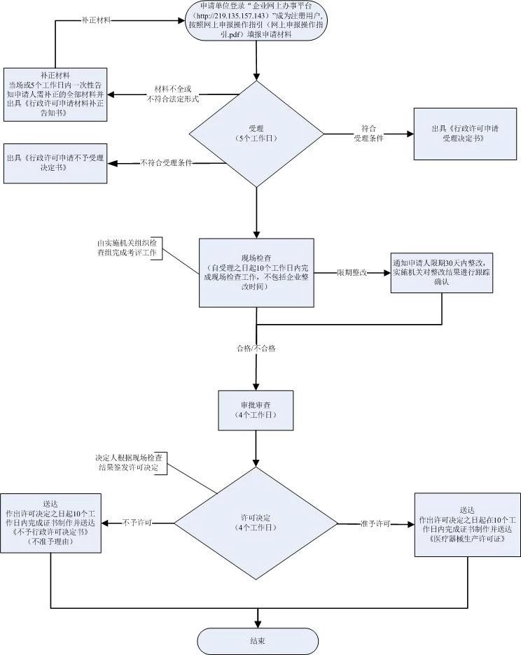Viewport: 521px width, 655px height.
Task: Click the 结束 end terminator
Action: pyautogui.click(x=257, y=640)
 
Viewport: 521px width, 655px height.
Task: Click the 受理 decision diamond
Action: pyautogui.click(x=257, y=133)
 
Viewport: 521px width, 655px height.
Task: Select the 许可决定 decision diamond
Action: pyautogui.click(x=256, y=522)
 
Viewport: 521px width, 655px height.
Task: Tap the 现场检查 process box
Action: pyautogui.click(x=257, y=272)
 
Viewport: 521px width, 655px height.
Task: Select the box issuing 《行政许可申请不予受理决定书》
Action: pyautogui.click(x=55, y=163)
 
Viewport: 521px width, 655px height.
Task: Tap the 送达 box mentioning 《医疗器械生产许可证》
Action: pyautogui.click(x=466, y=524)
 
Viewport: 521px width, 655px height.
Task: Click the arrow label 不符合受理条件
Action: pyautogui.click(x=166, y=163)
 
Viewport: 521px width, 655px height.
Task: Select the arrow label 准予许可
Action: pyautogui.click(x=375, y=523)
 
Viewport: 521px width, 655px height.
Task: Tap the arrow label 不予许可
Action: pyautogui.click(x=138, y=523)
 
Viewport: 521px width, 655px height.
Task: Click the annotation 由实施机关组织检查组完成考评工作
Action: pyautogui.click(x=129, y=248)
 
